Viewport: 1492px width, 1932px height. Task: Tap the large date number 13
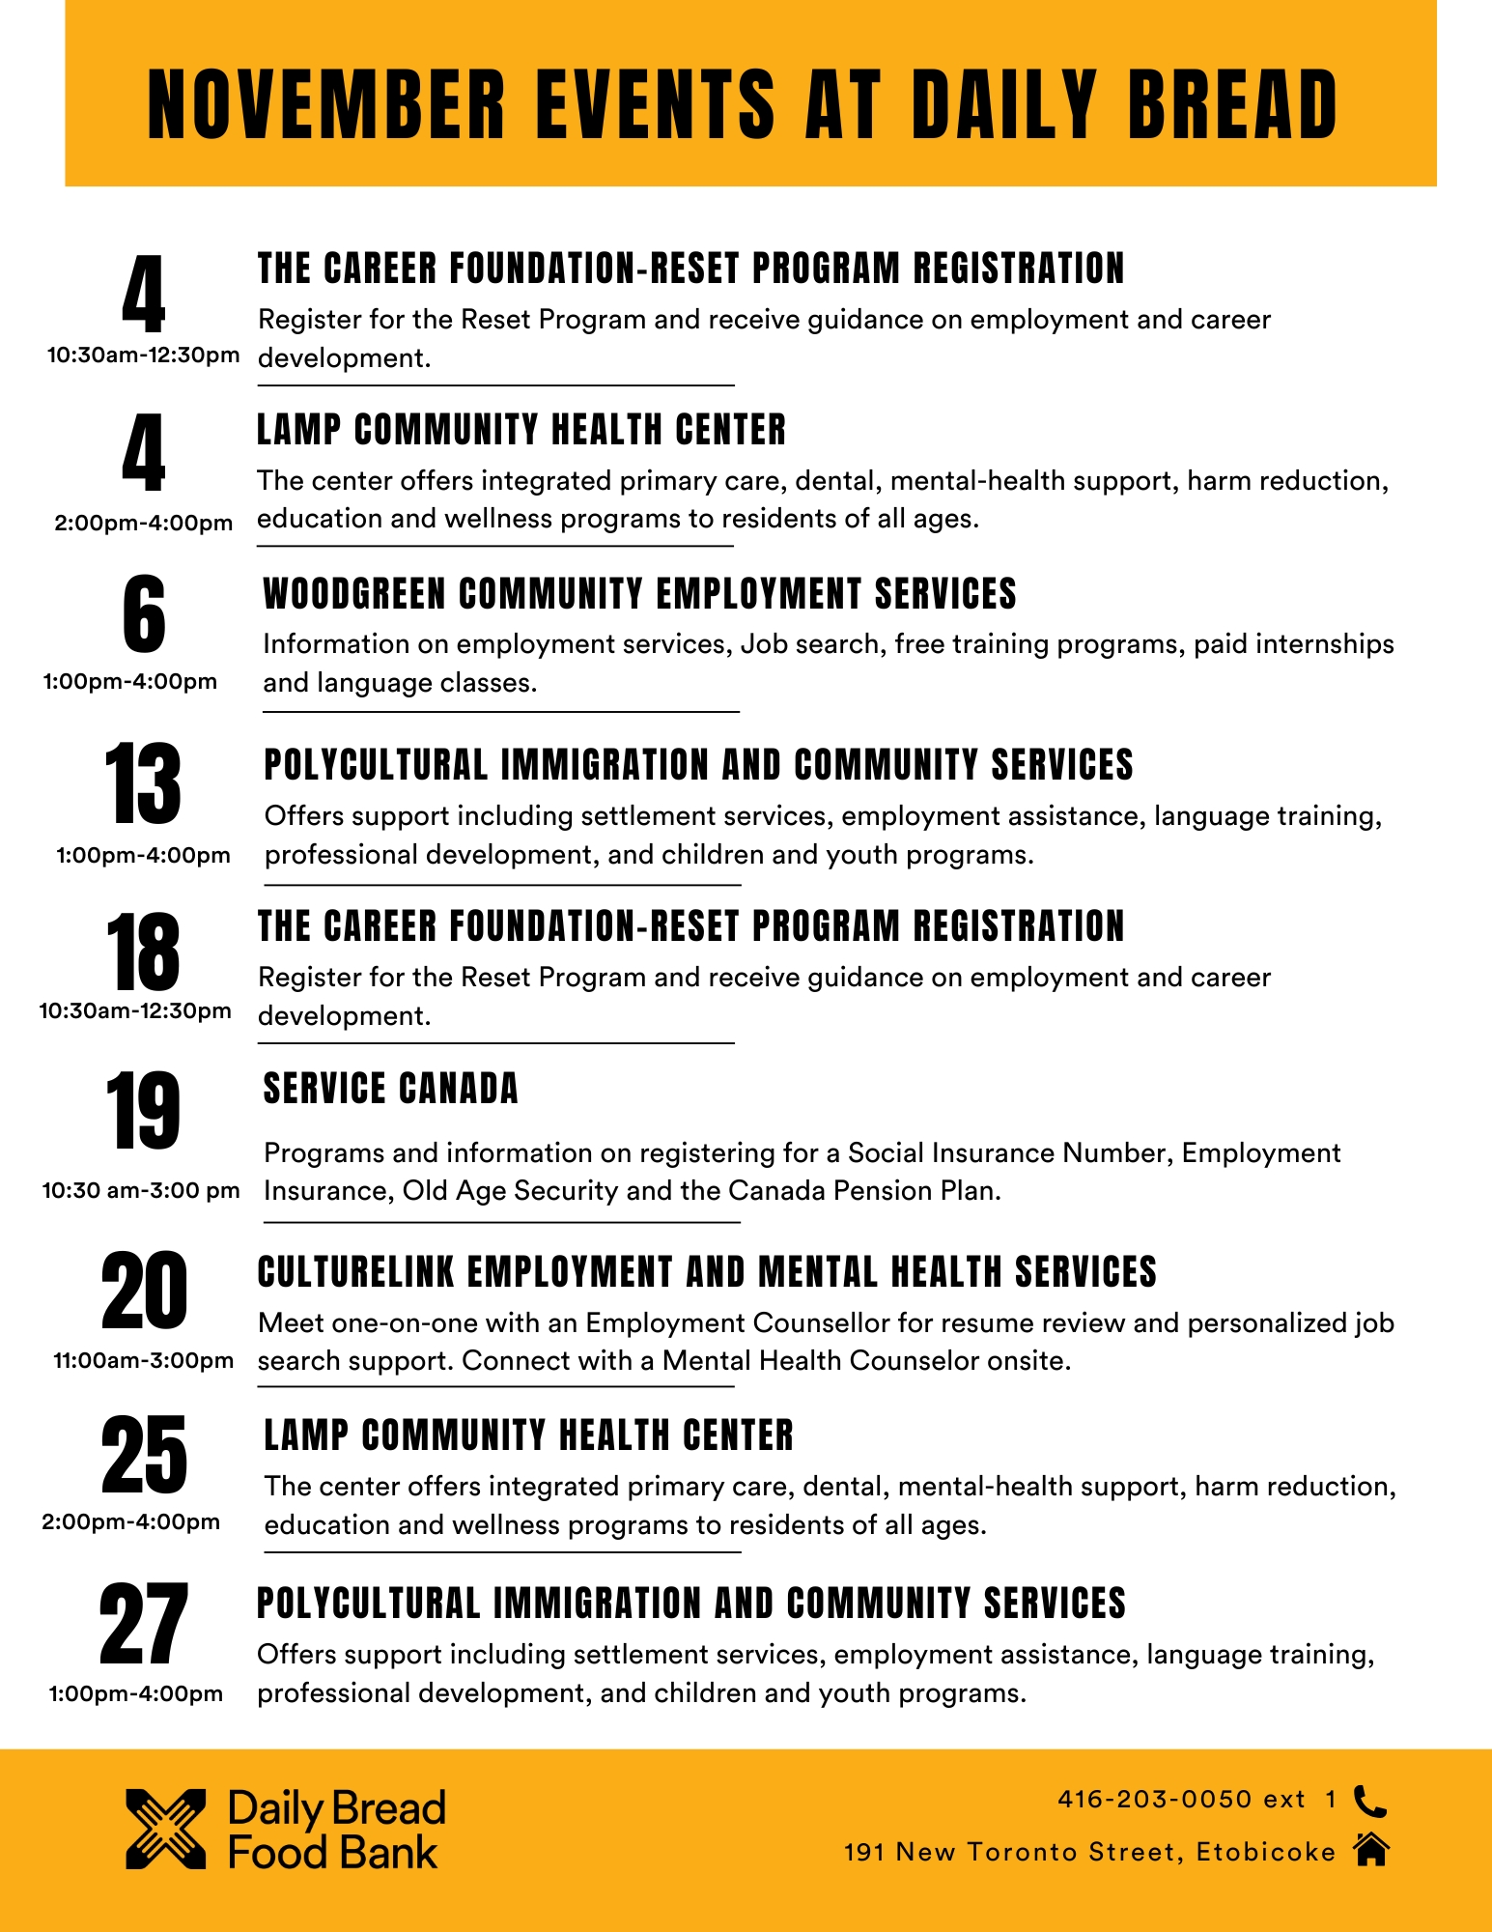coord(143,783)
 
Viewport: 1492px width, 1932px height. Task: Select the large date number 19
coord(143,1111)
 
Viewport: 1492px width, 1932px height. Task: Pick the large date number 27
coord(143,1625)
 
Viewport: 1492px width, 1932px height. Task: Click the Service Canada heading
coord(390,1089)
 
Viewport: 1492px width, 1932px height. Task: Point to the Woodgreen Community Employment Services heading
coord(639,594)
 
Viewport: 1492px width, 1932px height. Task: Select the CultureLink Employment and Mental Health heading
coord(707,1272)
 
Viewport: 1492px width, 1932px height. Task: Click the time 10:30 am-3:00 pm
coord(141,1190)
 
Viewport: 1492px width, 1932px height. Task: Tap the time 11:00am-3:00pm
coord(143,1360)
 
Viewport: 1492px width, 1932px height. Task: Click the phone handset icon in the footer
coord(1370,1801)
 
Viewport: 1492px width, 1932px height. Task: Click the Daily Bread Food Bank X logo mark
coord(166,1829)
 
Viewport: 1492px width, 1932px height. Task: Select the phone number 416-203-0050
coord(1155,1800)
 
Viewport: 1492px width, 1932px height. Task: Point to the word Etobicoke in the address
coord(1265,1852)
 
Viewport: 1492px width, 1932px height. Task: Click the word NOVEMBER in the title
coord(326,104)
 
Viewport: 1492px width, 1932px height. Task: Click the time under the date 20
coord(143,1360)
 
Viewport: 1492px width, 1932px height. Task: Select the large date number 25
coord(143,1455)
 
